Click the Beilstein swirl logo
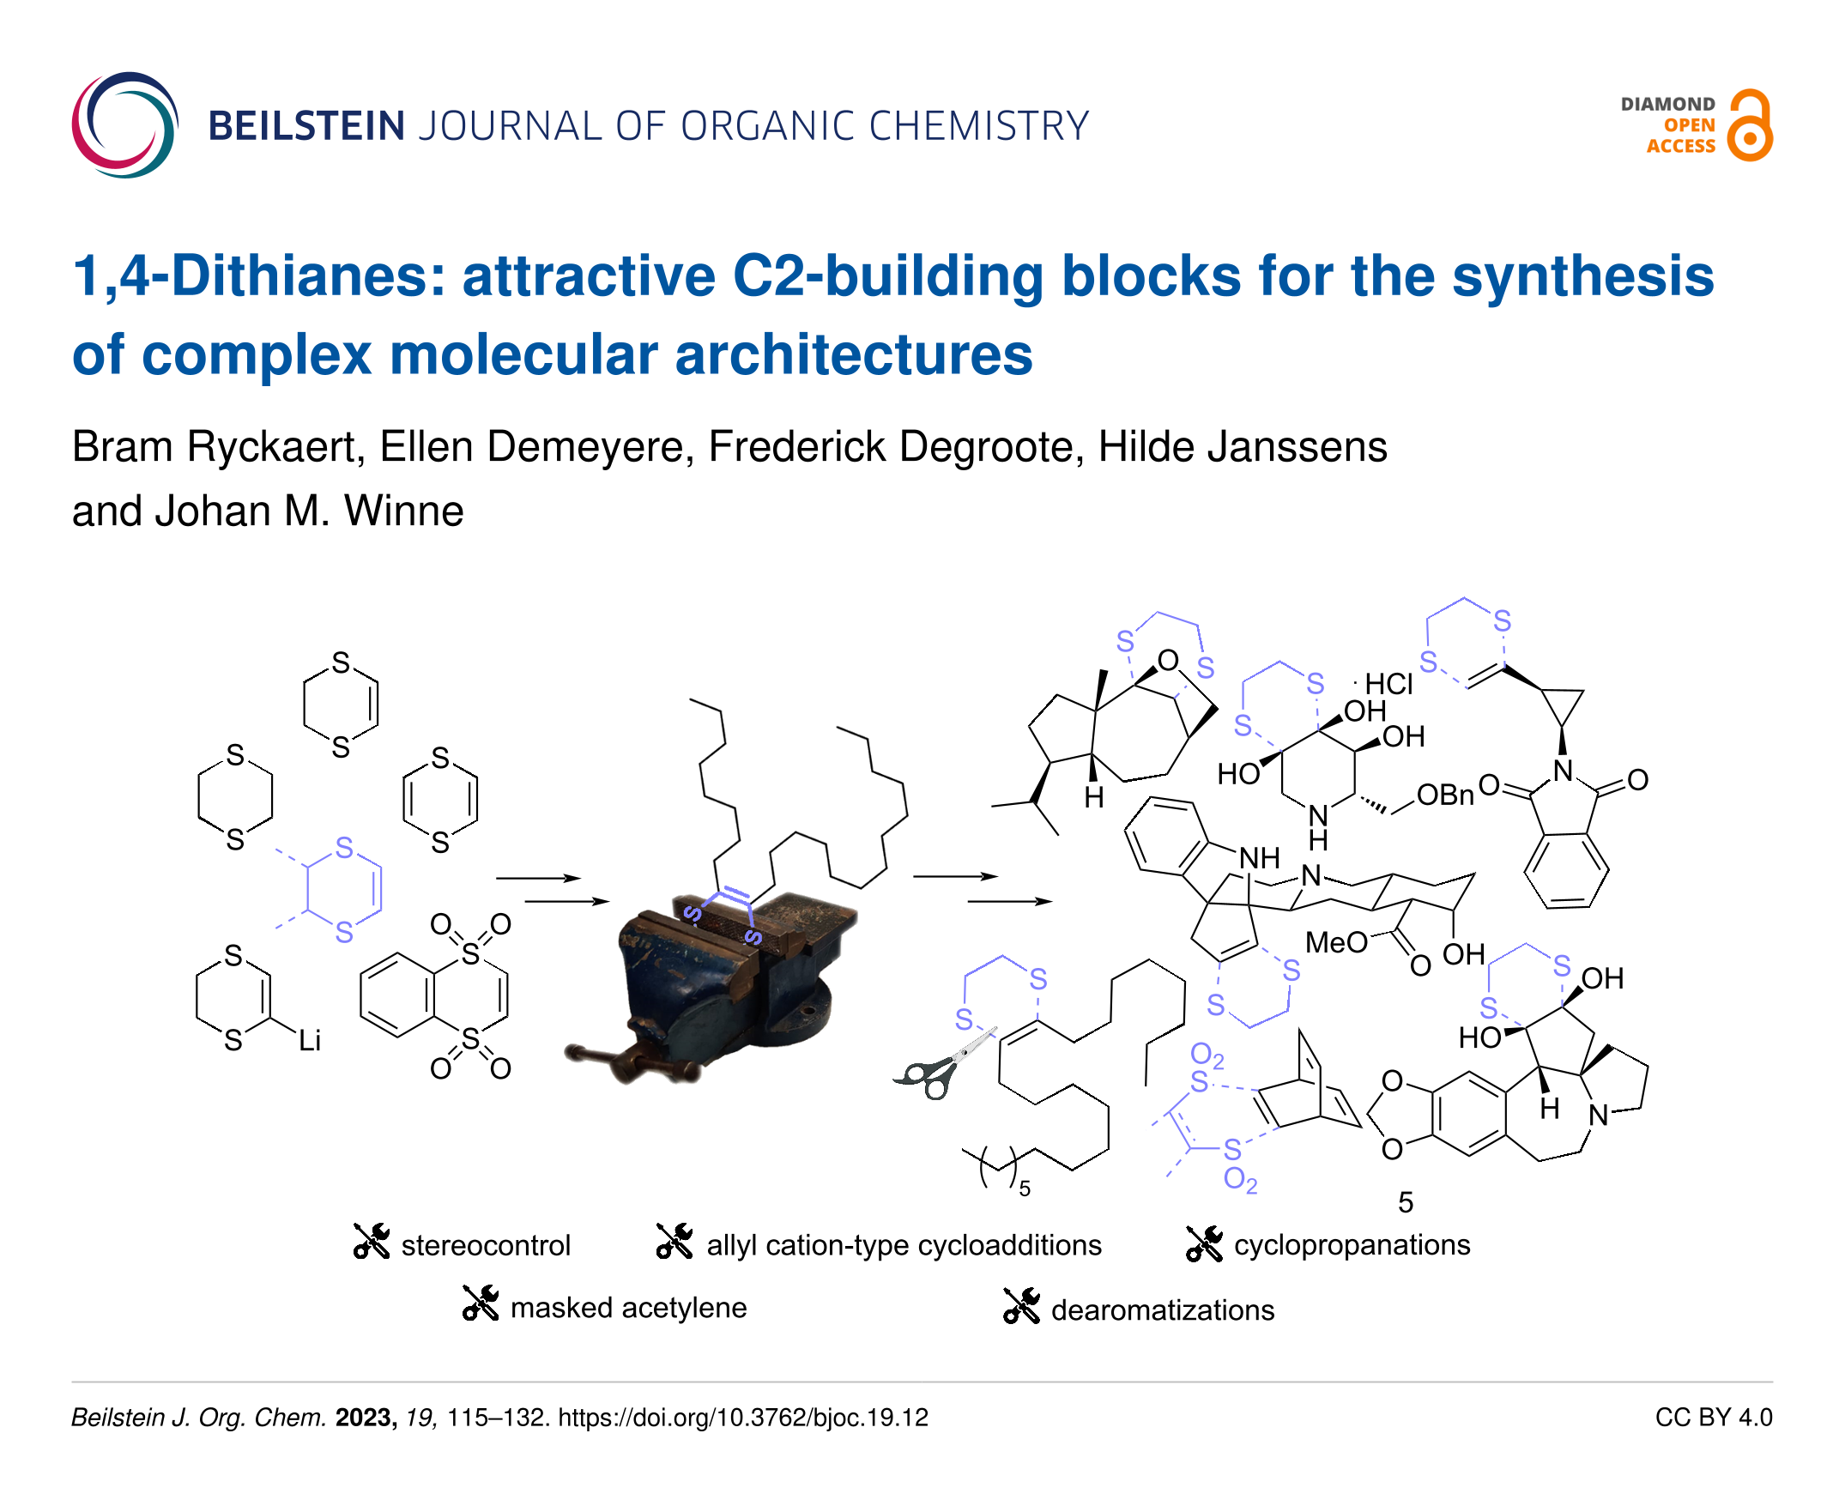coord(124,125)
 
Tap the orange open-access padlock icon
coord(1750,125)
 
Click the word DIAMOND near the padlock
coord(1667,105)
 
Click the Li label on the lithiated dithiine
coord(309,1040)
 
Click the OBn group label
coord(1444,795)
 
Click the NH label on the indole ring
coord(1259,858)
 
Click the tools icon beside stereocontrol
coord(371,1241)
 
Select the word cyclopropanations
coord(1352,1244)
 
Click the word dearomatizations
coord(1162,1310)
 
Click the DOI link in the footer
coord(743,1418)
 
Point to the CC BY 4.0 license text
coord(1713,1418)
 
